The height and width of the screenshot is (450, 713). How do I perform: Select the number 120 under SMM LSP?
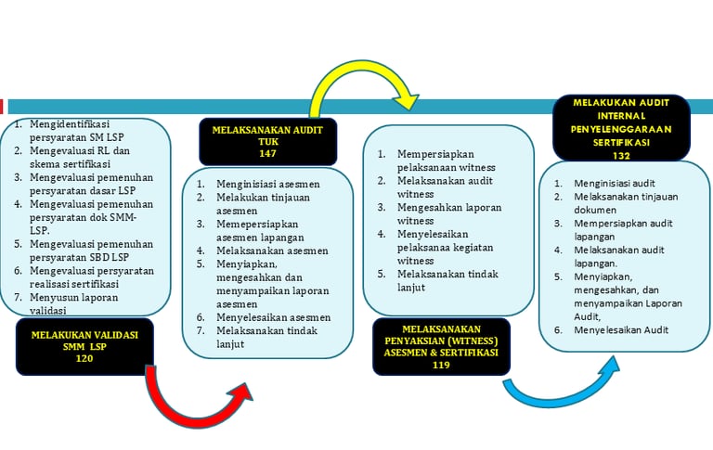84,359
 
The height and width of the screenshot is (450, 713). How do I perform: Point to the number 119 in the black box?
440,366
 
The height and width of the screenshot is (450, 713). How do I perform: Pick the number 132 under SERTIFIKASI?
621,156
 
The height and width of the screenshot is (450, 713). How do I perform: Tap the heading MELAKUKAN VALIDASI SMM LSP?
84,341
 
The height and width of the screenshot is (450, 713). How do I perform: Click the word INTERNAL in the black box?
621,115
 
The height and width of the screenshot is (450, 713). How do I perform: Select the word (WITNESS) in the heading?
473,340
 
